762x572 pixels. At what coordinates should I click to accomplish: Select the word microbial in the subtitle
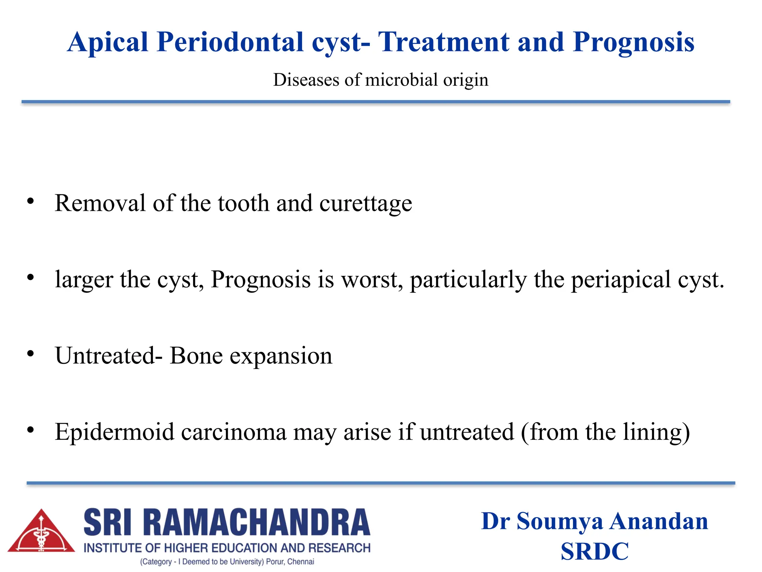pos(401,80)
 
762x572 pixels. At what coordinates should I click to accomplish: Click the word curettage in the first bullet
pos(365,204)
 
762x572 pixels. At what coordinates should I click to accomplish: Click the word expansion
pos(281,357)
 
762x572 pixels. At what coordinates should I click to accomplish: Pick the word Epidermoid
pos(114,433)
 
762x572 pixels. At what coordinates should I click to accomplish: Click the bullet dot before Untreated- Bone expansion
pos(31,353)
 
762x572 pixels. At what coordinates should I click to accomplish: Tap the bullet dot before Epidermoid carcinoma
pos(31,430)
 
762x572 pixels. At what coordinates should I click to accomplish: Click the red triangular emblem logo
pos(41,532)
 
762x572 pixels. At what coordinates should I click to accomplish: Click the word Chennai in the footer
pos(301,562)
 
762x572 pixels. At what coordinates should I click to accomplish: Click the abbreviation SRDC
pos(594,552)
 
